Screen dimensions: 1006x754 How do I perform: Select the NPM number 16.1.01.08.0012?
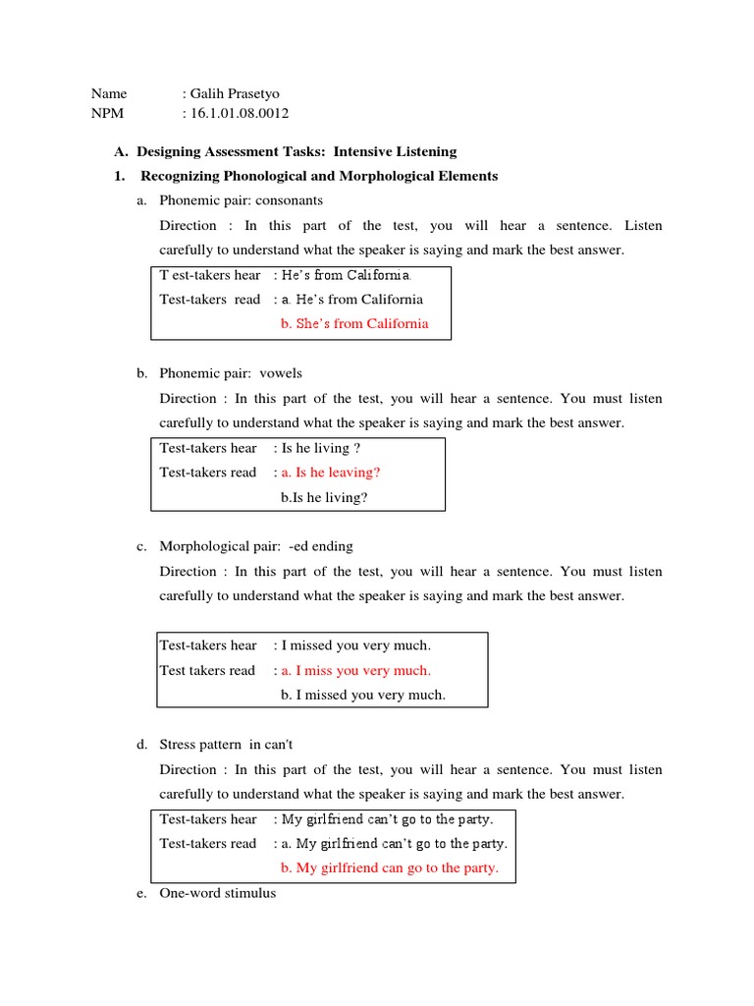click(240, 113)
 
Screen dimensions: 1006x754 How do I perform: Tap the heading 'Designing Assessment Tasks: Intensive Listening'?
click(296, 151)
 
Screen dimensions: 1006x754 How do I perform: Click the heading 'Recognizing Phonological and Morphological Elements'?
click(319, 176)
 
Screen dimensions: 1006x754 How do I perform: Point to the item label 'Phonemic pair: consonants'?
click(241, 200)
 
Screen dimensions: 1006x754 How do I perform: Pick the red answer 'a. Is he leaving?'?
click(331, 472)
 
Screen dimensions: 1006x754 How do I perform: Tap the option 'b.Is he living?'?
click(324, 497)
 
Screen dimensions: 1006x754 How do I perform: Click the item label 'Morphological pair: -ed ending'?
click(256, 546)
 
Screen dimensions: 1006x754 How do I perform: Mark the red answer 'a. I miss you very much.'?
click(355, 670)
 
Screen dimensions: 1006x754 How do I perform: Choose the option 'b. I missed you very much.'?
click(362, 695)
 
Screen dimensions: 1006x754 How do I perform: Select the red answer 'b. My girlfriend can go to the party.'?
click(390, 867)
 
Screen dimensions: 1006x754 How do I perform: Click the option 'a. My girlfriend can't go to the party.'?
click(394, 843)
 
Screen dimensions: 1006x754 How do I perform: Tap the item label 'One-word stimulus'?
click(218, 893)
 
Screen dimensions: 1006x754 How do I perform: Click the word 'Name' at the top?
click(109, 93)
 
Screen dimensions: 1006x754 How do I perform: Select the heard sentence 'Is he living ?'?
click(315, 447)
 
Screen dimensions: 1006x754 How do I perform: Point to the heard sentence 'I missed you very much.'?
click(356, 645)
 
